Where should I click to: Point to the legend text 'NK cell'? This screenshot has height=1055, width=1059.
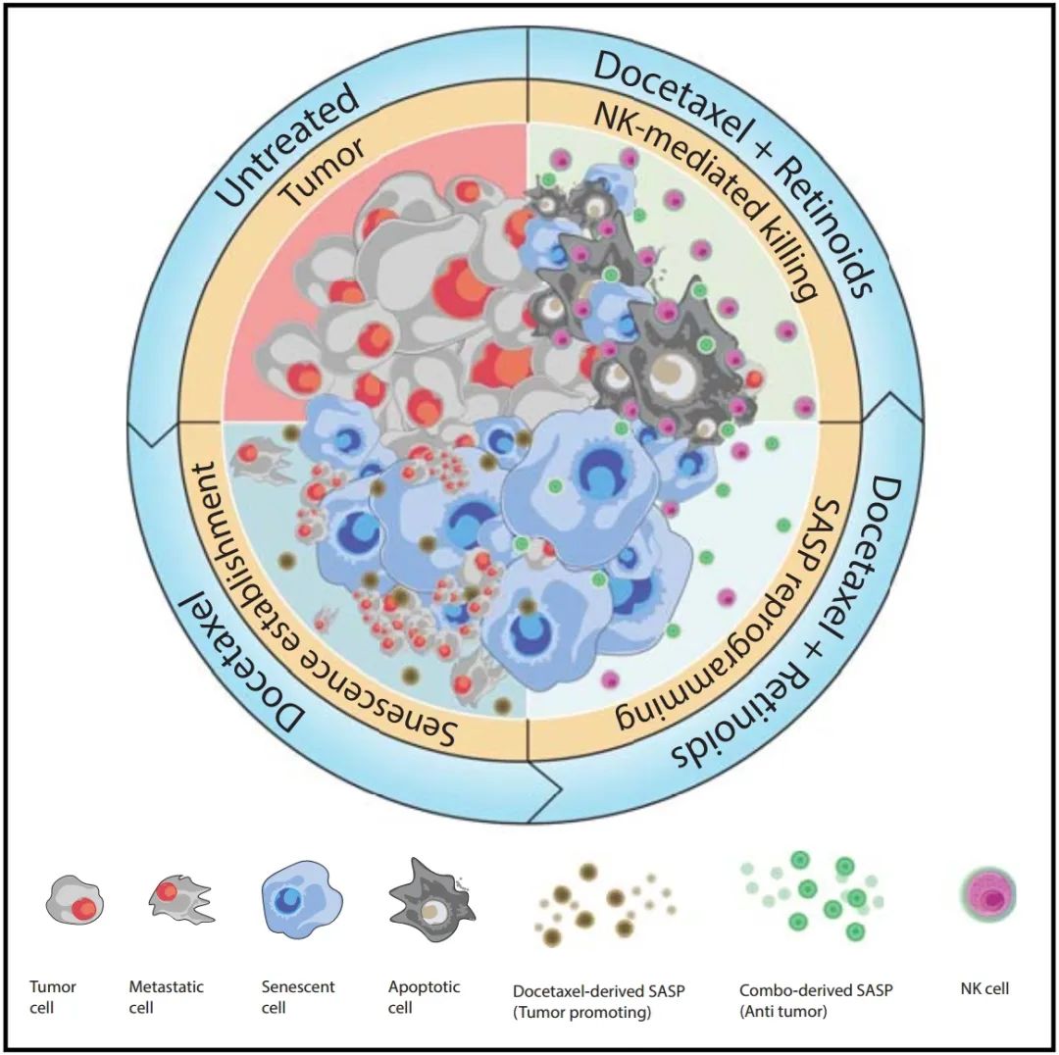pyautogui.click(x=983, y=988)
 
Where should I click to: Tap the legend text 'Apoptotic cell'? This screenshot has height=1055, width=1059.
pyautogui.click(x=424, y=997)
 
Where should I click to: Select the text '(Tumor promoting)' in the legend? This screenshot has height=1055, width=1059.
pyautogui.click(x=582, y=1012)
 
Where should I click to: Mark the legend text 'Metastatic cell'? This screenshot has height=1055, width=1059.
pyautogui.click(x=168, y=997)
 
